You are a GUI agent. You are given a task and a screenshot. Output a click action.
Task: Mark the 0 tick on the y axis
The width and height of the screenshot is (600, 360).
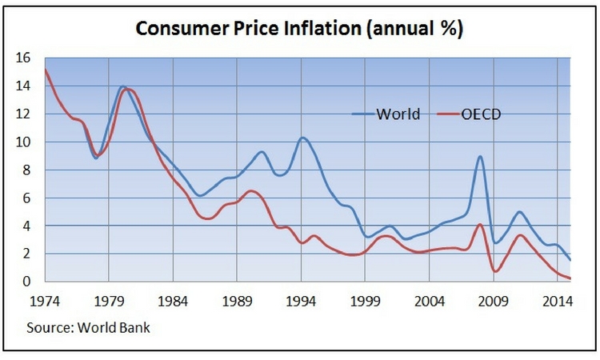click(x=26, y=282)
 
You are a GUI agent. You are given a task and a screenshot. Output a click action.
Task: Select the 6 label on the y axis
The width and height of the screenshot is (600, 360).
click(x=26, y=198)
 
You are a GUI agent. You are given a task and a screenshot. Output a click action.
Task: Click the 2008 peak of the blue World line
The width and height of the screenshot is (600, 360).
click(x=480, y=157)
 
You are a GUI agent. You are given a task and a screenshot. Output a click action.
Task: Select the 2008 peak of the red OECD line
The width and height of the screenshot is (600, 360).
click(x=480, y=225)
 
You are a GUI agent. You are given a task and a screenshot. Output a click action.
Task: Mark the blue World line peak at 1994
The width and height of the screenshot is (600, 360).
click(x=302, y=138)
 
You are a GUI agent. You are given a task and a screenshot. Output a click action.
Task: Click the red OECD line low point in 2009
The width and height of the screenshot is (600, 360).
click(x=495, y=271)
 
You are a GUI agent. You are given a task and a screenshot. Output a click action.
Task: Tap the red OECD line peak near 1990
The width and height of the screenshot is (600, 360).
click(x=250, y=190)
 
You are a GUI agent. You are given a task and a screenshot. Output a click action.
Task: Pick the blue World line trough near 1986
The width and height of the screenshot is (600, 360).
click(x=199, y=195)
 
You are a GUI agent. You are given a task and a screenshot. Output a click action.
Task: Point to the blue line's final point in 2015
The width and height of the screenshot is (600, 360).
click(x=570, y=260)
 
